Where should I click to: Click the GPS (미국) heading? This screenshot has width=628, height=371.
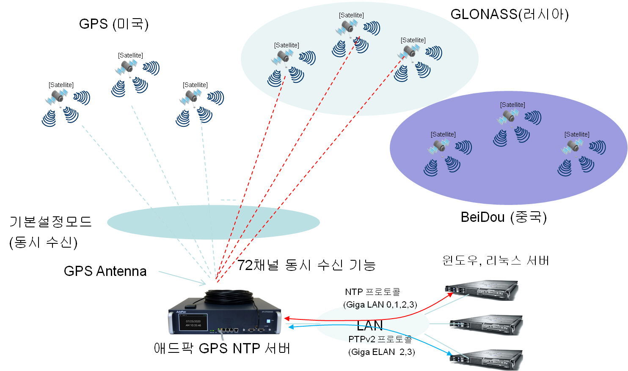tap(113, 24)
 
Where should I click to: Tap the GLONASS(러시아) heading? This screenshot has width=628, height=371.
tap(509, 15)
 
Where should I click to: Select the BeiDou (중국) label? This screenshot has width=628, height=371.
tap(504, 217)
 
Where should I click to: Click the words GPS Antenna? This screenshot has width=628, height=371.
tap(105, 271)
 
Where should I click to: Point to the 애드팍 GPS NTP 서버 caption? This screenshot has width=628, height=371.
tap(222, 349)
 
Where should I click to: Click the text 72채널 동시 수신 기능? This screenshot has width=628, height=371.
tap(306, 265)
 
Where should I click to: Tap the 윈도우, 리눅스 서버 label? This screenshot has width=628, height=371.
tap(496, 261)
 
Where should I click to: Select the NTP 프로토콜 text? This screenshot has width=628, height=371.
tap(372, 292)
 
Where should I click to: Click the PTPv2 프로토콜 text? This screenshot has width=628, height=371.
tap(380, 339)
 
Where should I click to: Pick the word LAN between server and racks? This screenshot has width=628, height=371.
tap(369, 325)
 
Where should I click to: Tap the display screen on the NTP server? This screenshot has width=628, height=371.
tap(193, 324)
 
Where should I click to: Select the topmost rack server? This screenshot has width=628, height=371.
tap(482, 290)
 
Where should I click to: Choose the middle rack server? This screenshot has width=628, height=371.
tap(486, 325)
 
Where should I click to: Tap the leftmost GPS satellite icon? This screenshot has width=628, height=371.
tap(57, 98)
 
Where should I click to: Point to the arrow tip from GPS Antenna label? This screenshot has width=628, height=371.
tap(205, 283)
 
